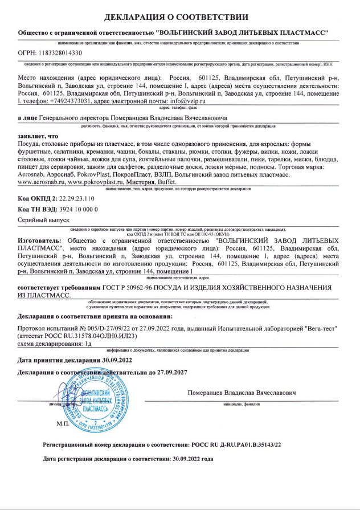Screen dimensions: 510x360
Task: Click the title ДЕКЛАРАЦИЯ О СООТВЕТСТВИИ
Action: [180, 17]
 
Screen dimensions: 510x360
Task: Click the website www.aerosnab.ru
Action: [40, 181]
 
